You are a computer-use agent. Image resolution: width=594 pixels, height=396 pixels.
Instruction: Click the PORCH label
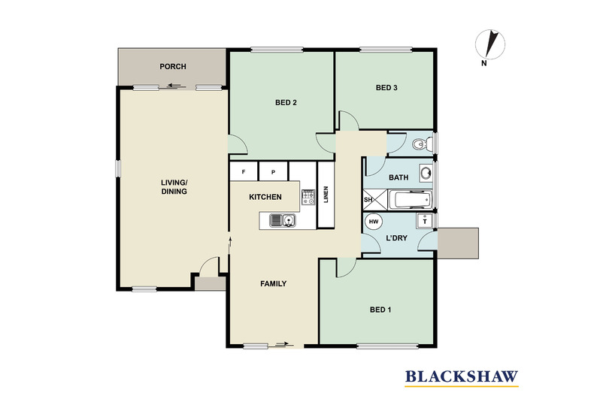tap(173, 67)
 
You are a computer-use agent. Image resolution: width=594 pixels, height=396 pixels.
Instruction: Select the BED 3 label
tap(386, 88)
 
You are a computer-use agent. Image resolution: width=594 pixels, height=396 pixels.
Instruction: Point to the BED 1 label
tap(380, 310)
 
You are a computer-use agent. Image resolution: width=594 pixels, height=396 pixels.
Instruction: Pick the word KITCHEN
tap(265, 197)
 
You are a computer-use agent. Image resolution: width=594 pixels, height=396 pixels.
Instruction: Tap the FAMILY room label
tap(273, 284)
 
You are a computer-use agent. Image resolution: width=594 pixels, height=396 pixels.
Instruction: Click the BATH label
tap(398, 178)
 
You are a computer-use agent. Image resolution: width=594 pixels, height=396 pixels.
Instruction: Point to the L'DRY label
tap(396, 237)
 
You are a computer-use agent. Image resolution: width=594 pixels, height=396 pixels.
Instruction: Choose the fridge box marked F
tap(244, 172)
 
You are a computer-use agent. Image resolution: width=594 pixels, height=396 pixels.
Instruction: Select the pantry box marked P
tap(273, 172)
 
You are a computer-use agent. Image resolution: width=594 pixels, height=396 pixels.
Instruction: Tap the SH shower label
tap(368, 200)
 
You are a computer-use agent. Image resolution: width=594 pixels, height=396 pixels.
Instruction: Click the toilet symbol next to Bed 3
tap(422, 143)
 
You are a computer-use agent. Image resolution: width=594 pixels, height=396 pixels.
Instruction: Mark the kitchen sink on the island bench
tap(283, 220)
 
